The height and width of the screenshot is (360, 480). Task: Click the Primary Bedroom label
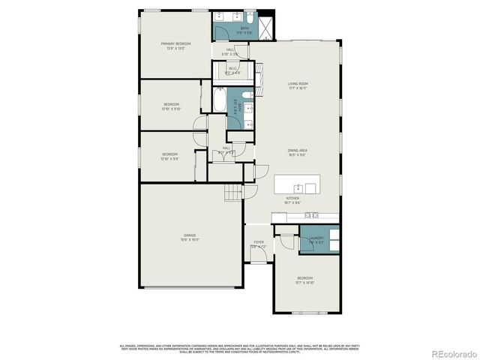176,44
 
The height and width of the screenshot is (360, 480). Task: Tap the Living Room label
298,83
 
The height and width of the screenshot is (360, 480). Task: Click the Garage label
190,235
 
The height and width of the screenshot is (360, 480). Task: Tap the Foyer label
259,242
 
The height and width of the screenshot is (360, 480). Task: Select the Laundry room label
316,238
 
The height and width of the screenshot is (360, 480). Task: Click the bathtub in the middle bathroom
218,100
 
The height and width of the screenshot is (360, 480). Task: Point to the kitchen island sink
298,186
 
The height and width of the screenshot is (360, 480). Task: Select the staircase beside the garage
234,193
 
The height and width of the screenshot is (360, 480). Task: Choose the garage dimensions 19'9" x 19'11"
190,240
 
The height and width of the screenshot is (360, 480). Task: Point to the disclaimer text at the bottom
240,347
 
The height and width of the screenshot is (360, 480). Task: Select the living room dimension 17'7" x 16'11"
298,88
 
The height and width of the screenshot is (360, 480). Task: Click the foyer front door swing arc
259,259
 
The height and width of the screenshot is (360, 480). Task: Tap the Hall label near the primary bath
228,49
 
